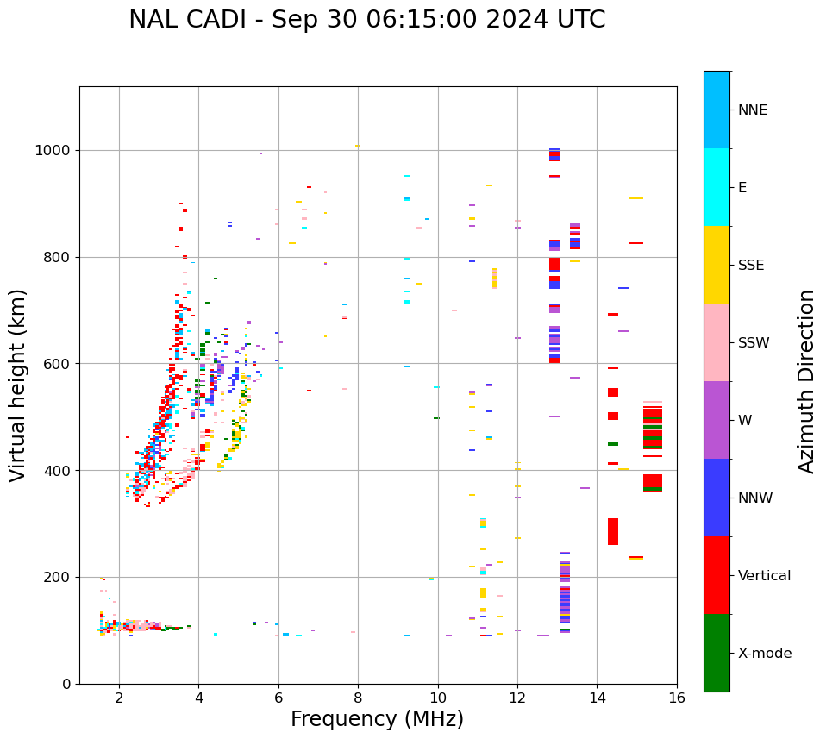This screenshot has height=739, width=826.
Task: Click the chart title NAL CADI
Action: click(366, 20)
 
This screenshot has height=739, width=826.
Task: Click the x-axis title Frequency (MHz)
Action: click(377, 719)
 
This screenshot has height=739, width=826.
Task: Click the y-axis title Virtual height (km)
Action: click(18, 385)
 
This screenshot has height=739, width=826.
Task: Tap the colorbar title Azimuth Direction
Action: click(806, 380)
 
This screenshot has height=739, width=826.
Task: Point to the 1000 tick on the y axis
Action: click(55, 150)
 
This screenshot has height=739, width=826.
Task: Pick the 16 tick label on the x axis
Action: click(677, 698)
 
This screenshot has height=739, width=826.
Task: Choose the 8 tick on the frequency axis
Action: click(358, 698)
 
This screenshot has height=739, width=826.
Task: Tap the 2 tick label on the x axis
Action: click(119, 698)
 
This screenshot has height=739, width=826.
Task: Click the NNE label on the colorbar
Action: click(752, 110)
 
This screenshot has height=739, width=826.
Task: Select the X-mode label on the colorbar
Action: click(764, 654)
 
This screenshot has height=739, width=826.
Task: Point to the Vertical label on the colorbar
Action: click(764, 576)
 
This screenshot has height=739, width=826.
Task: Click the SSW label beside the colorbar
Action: click(754, 343)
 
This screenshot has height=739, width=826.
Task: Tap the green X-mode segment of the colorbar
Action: click(716, 653)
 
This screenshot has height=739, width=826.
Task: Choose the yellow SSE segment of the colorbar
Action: click(716, 265)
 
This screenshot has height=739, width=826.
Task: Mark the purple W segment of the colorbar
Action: click(716, 420)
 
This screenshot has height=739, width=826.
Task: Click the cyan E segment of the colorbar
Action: click(716, 187)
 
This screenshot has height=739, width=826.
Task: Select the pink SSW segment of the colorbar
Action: click(716, 342)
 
